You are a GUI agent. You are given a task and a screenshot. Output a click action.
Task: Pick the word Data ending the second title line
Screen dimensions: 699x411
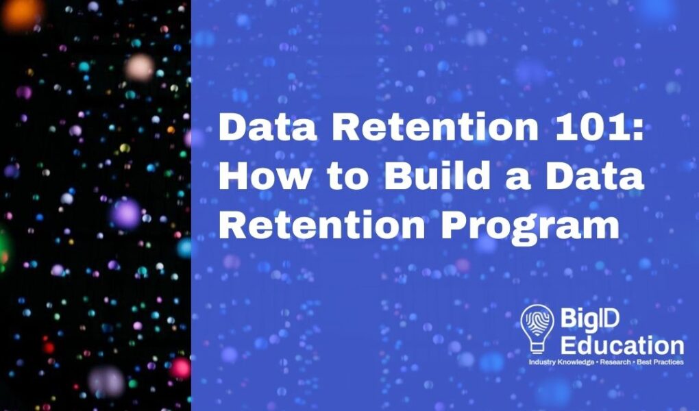coord(596,175)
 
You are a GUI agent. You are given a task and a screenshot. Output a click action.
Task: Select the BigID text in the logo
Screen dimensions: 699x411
coord(590,319)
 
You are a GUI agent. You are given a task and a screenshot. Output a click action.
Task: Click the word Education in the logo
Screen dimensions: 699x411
coord(622,345)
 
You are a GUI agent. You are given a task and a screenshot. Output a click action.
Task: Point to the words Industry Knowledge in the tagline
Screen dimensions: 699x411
coord(561,362)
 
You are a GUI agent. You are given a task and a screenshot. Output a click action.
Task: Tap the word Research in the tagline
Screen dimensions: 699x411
coord(615,362)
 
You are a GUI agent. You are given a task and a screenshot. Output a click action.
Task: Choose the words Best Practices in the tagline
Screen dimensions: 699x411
coord(660,362)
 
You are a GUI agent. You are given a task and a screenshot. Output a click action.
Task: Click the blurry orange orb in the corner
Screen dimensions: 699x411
coord(21,14)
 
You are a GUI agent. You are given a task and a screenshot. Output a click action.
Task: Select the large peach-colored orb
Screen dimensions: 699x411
coord(140,68)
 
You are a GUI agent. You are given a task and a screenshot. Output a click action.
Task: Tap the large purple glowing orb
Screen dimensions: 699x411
coord(126,214)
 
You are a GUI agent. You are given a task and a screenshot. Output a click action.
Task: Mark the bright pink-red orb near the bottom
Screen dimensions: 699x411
coord(180,369)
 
